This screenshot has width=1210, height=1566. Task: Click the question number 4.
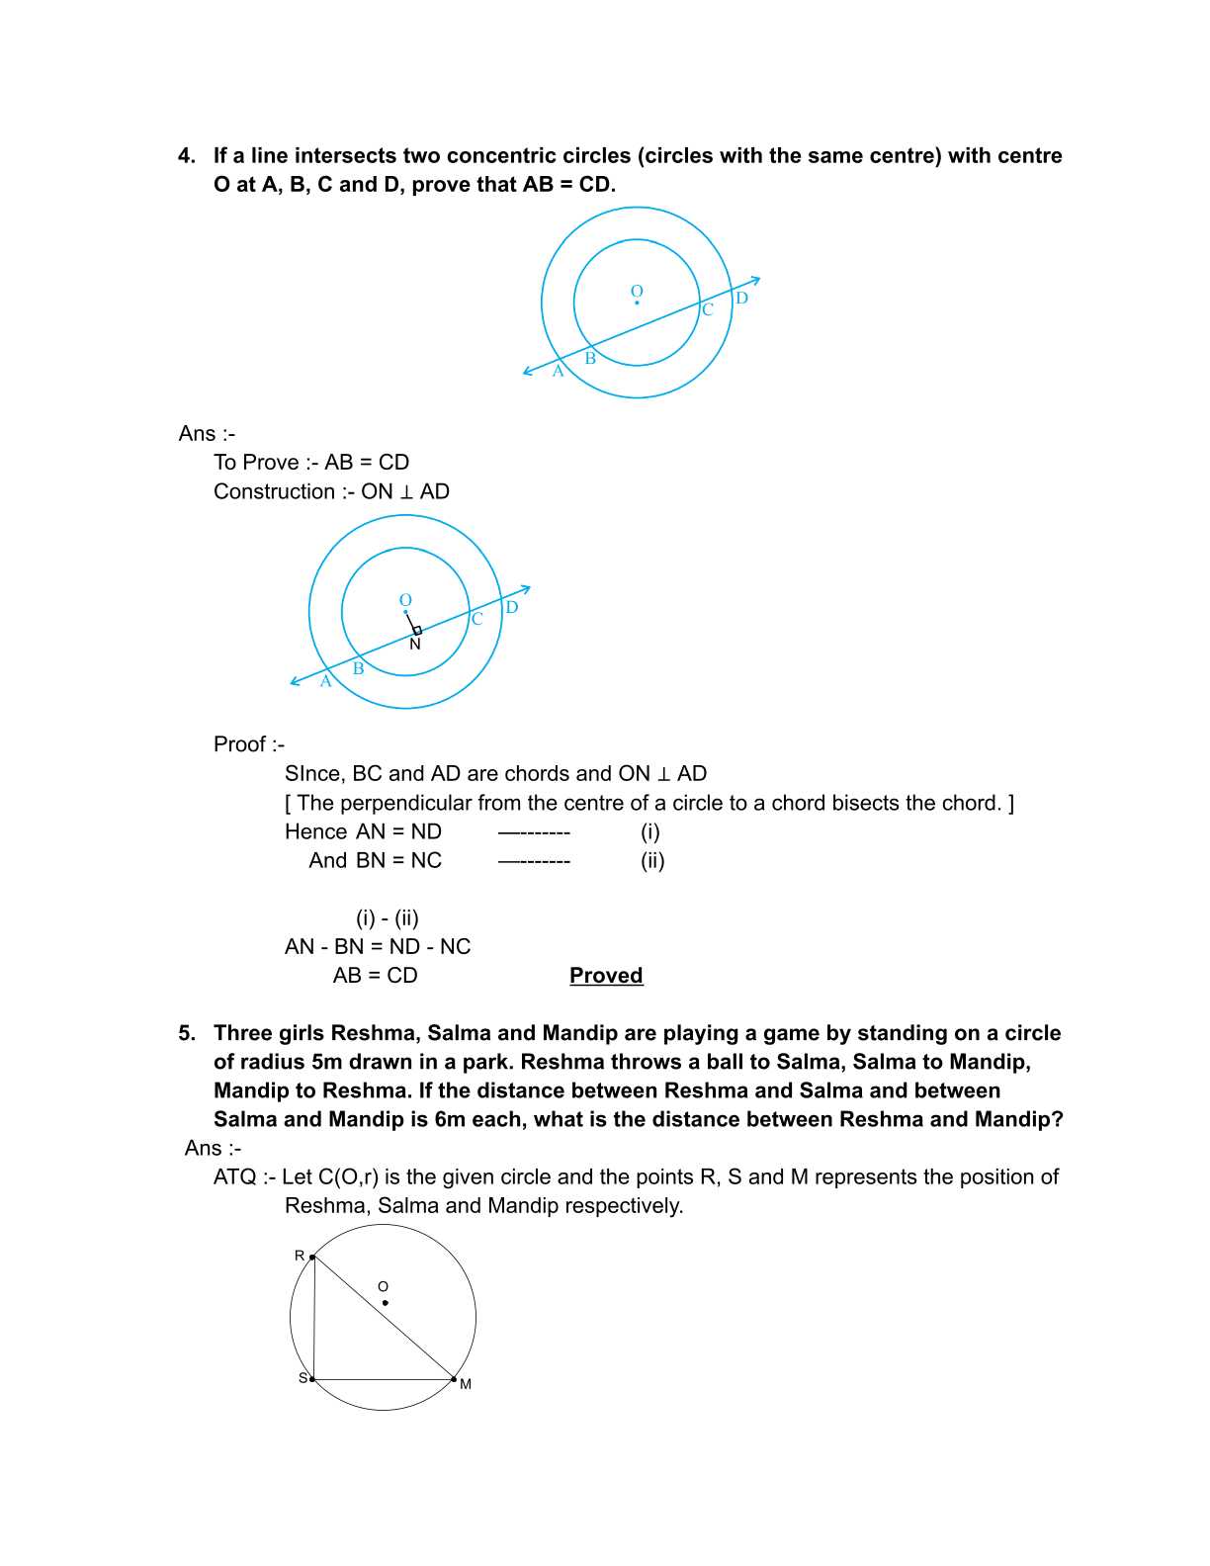point(186,156)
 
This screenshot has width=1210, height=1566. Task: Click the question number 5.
point(186,1033)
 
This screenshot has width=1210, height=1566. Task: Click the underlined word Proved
point(606,976)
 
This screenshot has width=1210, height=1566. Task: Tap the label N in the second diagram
point(415,645)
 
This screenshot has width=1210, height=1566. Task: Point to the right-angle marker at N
point(417,630)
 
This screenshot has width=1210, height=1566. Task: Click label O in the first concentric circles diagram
point(637,291)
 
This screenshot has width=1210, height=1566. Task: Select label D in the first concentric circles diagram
point(741,298)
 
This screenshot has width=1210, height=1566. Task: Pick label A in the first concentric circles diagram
point(558,372)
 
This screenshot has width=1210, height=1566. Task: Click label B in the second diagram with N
point(358,668)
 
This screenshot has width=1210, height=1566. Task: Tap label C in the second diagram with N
point(476,619)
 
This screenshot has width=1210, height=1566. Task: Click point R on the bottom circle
point(312,1258)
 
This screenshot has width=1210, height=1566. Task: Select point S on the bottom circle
point(312,1379)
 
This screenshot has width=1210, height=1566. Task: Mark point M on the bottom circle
point(454,1379)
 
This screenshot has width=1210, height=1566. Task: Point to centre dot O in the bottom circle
point(385,1303)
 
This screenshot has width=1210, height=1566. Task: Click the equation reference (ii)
point(652,861)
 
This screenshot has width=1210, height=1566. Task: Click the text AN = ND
point(398,832)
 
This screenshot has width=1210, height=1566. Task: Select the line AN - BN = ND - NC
point(377,947)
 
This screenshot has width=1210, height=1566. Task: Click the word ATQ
point(234,1177)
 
